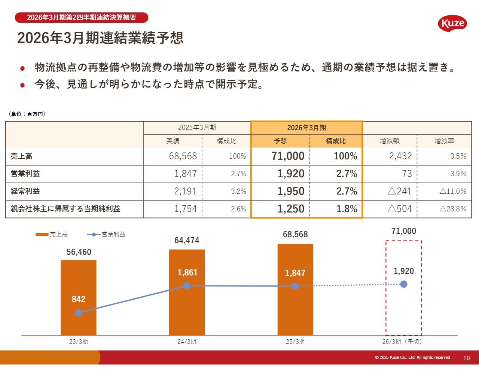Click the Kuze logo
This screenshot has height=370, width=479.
[x=452, y=24]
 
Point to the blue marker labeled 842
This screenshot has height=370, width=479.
[x=79, y=313]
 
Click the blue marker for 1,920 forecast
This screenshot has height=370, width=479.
[x=404, y=284]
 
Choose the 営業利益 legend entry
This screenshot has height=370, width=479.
[x=106, y=235]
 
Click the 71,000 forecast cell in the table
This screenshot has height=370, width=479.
[x=288, y=156]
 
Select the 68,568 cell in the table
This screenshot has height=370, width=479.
[x=183, y=156]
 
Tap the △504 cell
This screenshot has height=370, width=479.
[x=399, y=209]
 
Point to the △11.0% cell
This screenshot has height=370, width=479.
[x=453, y=191]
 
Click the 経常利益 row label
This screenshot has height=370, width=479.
[x=25, y=191]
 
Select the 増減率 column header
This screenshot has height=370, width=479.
[x=444, y=141]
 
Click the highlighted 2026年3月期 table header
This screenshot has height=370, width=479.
[x=306, y=128]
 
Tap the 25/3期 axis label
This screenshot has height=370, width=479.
[x=295, y=342]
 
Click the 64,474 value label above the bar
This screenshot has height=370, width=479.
[x=187, y=240]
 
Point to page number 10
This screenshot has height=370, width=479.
[x=466, y=358]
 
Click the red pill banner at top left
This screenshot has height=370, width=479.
[x=82, y=18]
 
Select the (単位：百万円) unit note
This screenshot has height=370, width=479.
[x=27, y=114]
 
